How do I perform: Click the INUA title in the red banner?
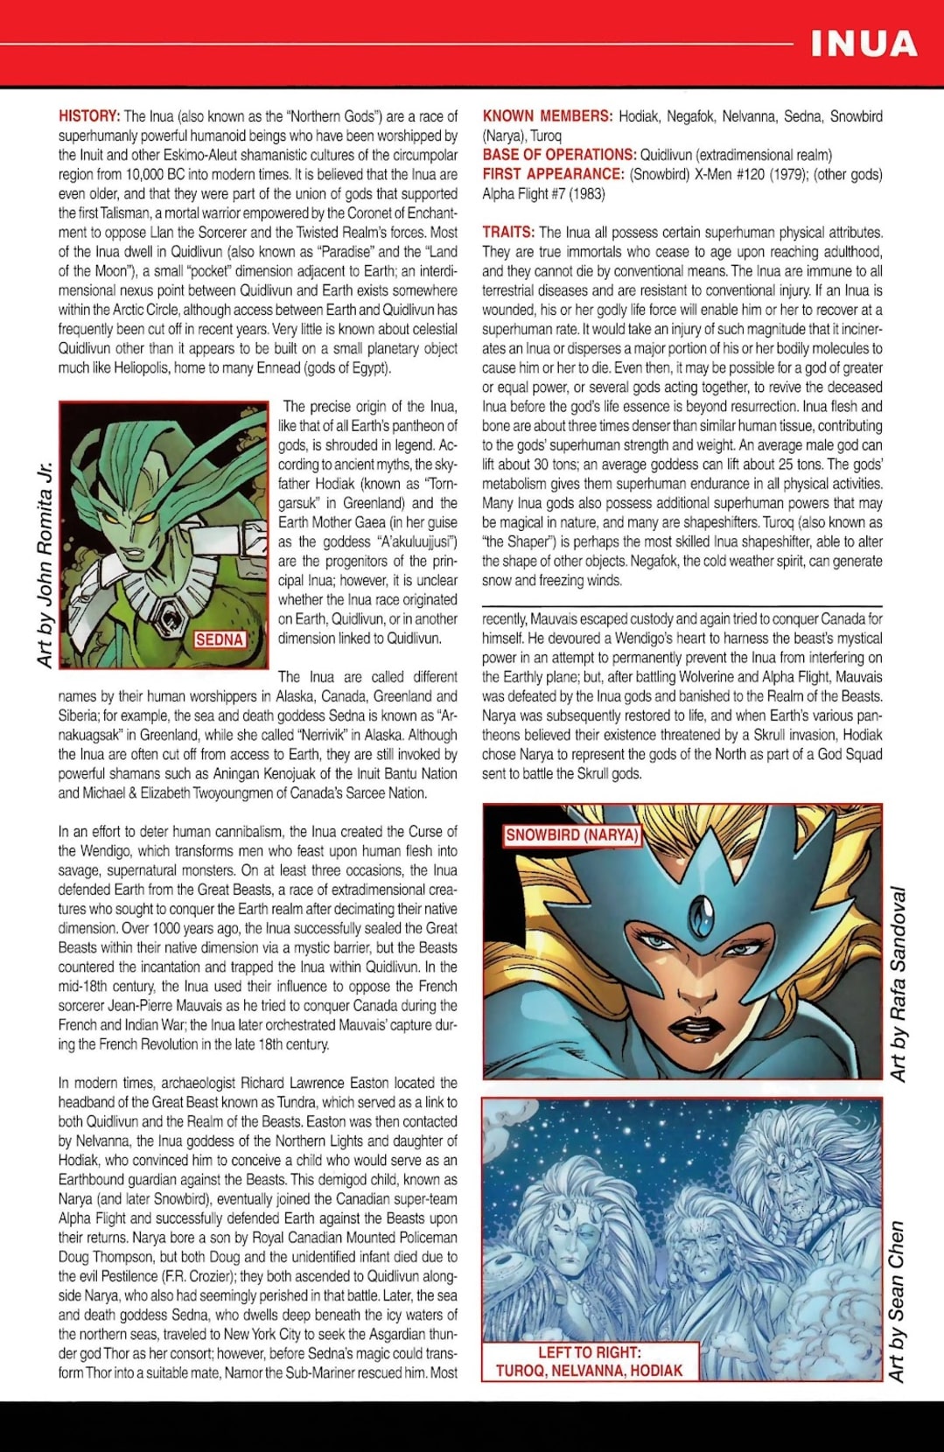(x=863, y=43)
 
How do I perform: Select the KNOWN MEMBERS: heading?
(x=547, y=116)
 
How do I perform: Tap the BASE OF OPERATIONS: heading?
(x=559, y=155)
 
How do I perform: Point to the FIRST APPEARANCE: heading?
(x=553, y=174)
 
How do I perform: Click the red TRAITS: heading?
(x=508, y=233)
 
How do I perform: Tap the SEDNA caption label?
(x=219, y=639)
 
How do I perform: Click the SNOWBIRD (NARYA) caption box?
(x=572, y=835)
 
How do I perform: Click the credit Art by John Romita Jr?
(x=45, y=565)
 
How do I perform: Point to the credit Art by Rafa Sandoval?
(x=898, y=983)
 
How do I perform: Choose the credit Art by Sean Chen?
(x=897, y=1302)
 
